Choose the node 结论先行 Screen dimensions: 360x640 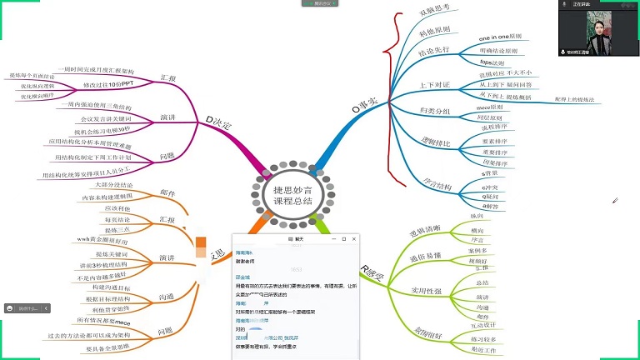pos(442,55)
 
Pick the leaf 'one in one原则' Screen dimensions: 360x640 pos(500,37)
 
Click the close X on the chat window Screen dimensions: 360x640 pos(352,238)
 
